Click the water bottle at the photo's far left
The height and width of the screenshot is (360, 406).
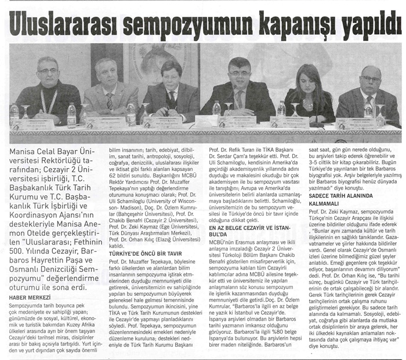(14, 114)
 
